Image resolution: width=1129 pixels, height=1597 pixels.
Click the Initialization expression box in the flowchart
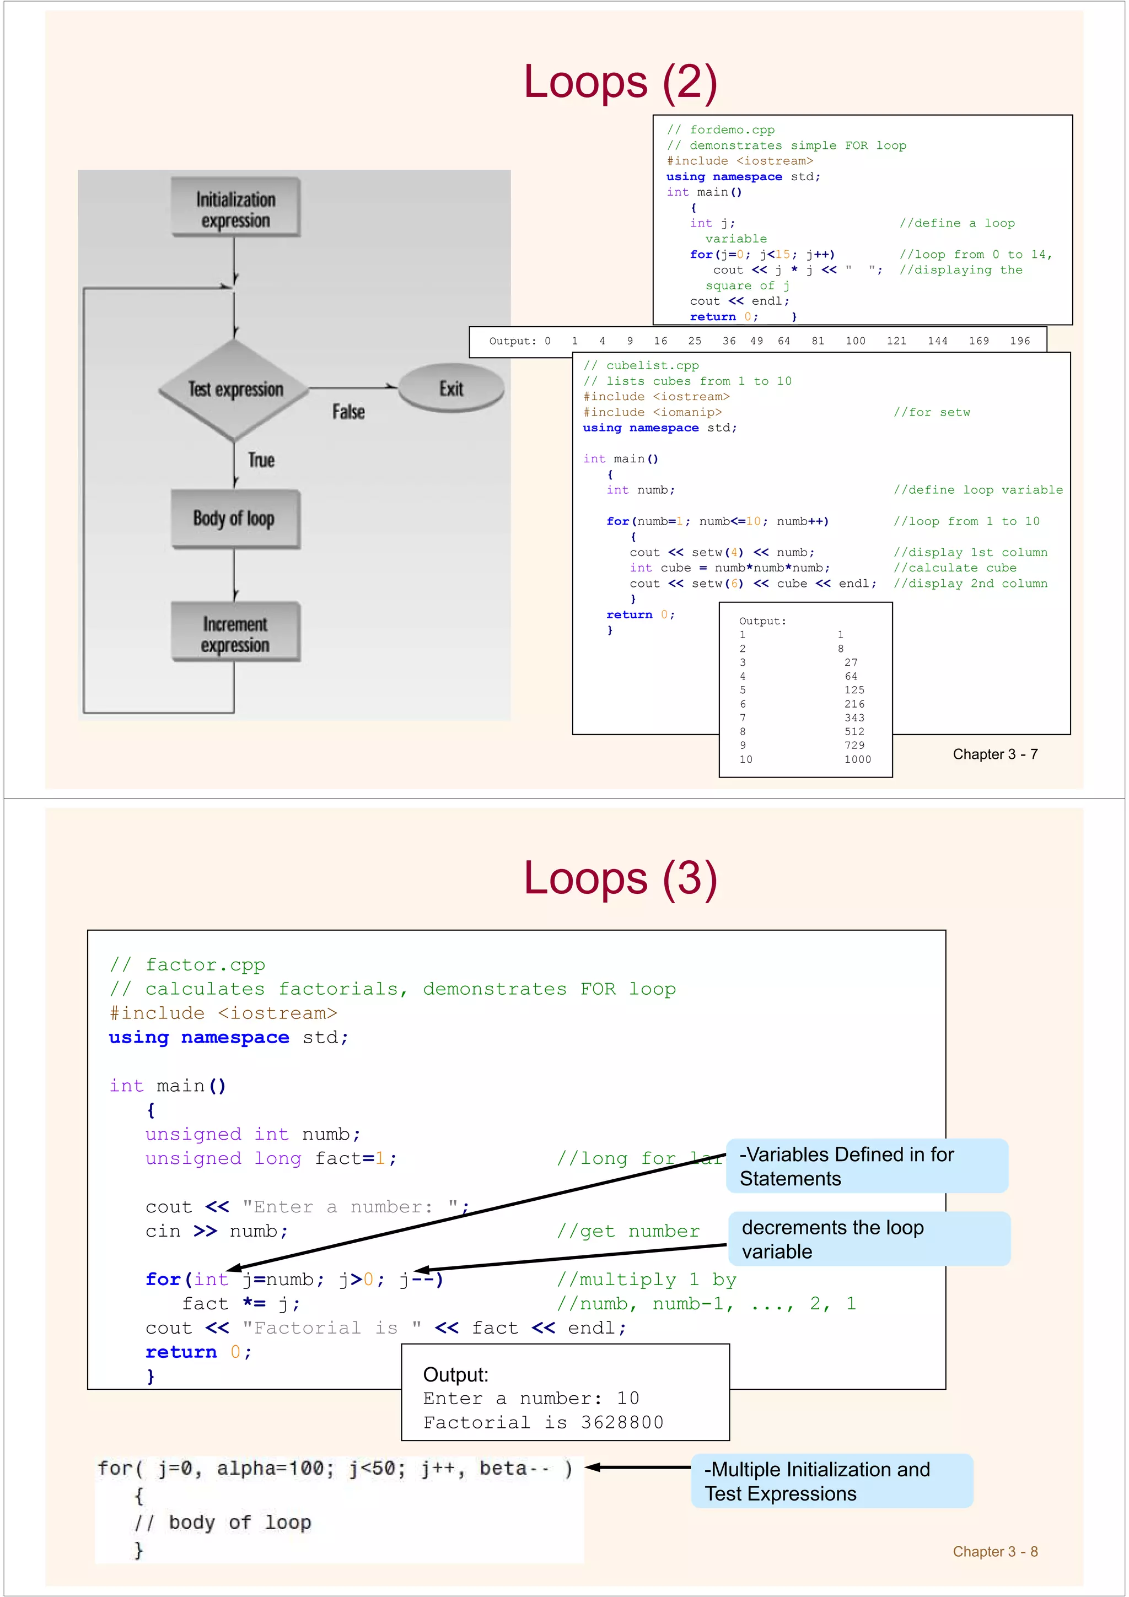coord(235,209)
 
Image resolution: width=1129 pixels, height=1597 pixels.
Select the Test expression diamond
coord(235,390)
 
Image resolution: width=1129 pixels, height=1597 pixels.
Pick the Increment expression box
coord(235,633)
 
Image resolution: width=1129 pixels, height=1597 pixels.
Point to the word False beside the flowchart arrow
coord(348,412)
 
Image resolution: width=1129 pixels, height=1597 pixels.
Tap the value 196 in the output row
coord(1020,341)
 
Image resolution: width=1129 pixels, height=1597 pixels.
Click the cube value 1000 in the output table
coord(857,759)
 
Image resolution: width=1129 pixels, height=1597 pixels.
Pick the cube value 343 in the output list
coord(854,718)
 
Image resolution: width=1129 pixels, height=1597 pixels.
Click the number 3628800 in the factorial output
coord(622,1422)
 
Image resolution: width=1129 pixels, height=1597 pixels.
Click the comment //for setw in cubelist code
coord(932,412)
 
